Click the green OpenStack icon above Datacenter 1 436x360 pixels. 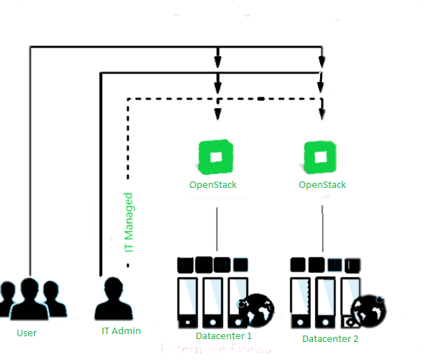point(213,158)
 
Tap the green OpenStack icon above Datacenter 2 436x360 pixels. point(321,158)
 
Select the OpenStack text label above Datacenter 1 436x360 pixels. point(213,185)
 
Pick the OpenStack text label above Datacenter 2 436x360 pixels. point(322,185)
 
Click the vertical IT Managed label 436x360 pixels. point(130,221)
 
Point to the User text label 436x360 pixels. point(27,333)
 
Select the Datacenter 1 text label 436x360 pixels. point(224,336)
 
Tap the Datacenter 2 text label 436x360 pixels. point(330,338)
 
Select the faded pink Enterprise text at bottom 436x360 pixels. point(216,352)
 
